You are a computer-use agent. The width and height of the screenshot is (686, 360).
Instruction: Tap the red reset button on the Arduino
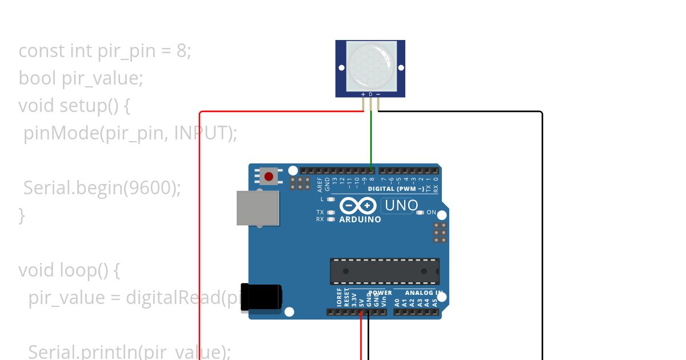[x=269, y=176]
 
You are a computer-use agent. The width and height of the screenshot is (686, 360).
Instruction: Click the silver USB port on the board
[x=258, y=208]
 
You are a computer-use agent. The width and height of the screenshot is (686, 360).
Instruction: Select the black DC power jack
[x=261, y=298]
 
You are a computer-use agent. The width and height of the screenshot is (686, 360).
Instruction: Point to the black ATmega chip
[x=384, y=271]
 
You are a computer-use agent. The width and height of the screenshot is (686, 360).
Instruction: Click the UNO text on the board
[x=400, y=205]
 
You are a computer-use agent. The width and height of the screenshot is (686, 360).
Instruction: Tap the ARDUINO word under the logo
[x=360, y=219]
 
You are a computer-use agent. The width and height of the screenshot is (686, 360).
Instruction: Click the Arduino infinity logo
[x=358, y=206]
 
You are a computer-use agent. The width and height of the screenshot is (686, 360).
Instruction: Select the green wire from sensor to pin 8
[x=371, y=137]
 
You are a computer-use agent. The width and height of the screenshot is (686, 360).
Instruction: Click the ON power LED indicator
[x=421, y=213]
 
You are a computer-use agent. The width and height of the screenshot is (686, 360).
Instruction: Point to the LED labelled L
[x=331, y=199]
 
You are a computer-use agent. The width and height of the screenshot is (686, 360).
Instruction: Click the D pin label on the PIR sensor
[x=370, y=94]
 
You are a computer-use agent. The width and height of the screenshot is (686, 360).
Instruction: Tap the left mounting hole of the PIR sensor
[x=342, y=67]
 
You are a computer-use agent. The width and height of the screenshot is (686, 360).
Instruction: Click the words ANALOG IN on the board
[x=424, y=293]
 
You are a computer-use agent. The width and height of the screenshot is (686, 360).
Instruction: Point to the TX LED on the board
[x=331, y=213]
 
